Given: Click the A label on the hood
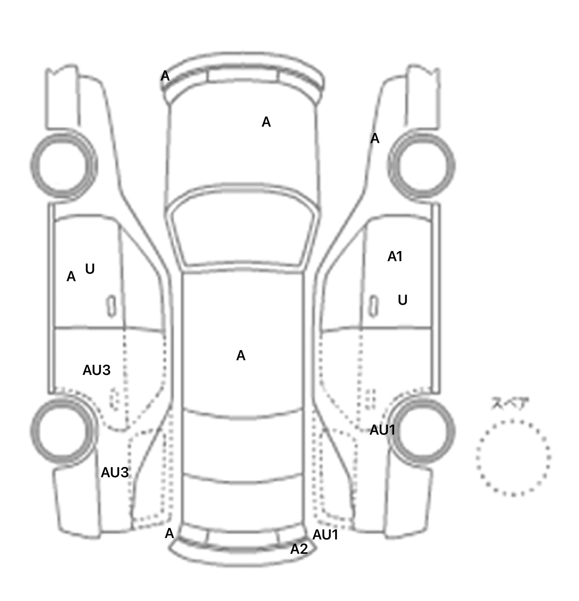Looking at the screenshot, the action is click(266, 122).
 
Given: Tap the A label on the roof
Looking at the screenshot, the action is click(241, 356).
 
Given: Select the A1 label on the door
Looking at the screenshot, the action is click(395, 256).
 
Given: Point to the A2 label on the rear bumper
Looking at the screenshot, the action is click(299, 549).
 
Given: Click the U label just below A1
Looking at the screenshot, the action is click(403, 300).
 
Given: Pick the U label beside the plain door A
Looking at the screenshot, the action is click(90, 269).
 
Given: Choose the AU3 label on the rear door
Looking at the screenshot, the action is click(96, 370).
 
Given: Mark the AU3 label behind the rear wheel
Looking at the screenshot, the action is click(115, 473).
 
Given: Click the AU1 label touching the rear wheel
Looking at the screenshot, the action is click(382, 430).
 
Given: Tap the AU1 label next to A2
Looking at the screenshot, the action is click(325, 535).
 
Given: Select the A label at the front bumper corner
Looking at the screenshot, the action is click(165, 76).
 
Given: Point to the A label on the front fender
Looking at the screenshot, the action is click(375, 138).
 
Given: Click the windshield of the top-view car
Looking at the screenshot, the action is click(244, 229).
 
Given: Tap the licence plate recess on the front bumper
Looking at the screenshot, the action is click(243, 76).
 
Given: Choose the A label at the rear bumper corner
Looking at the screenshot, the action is click(169, 533).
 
